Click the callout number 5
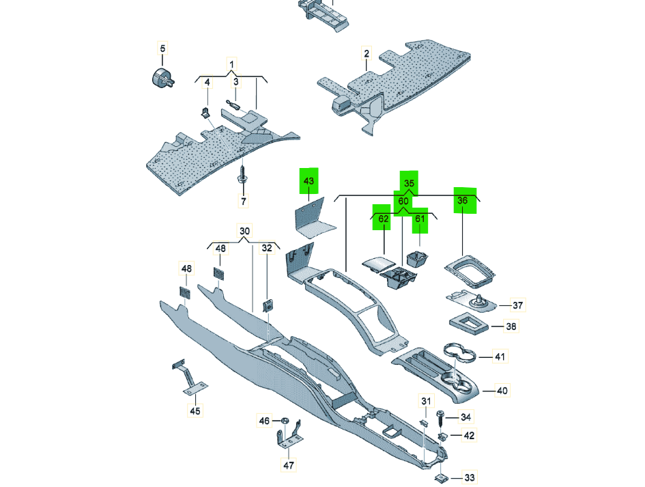[x=162, y=48]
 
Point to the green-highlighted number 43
[x=309, y=181]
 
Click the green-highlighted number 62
[x=384, y=219]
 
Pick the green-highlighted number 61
[x=420, y=219]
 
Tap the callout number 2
[x=367, y=53]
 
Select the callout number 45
[x=195, y=411]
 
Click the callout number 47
[x=289, y=465]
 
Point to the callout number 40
[x=502, y=391]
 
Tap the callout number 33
[x=470, y=477]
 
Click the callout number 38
[x=511, y=326]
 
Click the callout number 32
[x=267, y=248]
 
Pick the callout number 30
[x=244, y=231]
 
